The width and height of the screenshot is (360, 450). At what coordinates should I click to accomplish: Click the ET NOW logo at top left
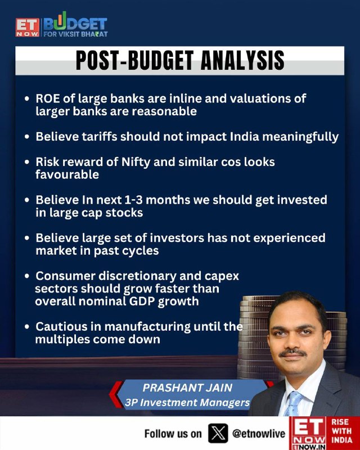point(27,28)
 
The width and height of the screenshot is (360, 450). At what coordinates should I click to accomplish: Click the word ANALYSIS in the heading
point(242,61)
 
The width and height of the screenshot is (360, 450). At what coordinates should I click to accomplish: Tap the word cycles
point(141,251)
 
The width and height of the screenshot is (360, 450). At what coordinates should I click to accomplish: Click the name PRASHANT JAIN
point(187,388)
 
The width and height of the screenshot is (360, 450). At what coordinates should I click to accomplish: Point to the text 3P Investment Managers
point(187,402)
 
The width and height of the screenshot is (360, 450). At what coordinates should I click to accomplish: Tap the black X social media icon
point(218,433)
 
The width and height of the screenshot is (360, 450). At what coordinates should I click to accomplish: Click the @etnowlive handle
point(259,434)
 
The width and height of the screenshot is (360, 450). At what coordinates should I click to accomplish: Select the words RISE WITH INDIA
point(341,431)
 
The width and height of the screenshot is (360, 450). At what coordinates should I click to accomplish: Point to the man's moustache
point(293,353)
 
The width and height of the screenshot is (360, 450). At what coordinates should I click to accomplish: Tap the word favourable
point(67,174)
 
